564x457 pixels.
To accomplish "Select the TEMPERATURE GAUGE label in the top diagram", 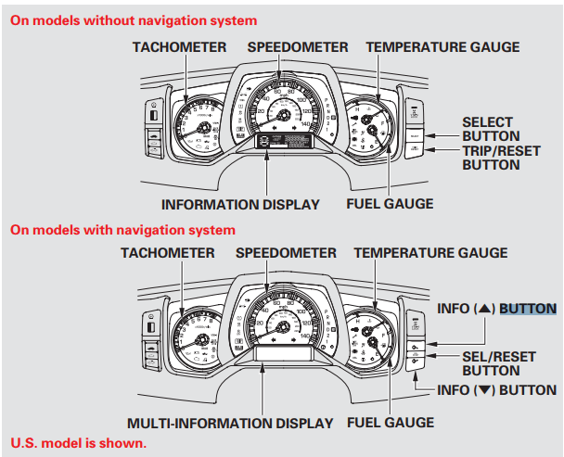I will (x=442, y=46).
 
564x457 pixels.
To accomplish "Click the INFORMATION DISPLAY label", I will (x=240, y=204).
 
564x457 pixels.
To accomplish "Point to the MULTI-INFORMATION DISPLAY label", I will (x=229, y=423).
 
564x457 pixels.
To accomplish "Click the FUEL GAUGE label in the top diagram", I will (x=390, y=204).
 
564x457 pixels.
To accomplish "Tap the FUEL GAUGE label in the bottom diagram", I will (x=390, y=423).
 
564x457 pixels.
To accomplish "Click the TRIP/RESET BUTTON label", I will (x=491, y=158).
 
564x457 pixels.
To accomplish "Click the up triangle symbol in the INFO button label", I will (x=482, y=309).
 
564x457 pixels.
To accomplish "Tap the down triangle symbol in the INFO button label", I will (x=482, y=390).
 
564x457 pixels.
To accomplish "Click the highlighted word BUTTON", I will (x=527, y=309).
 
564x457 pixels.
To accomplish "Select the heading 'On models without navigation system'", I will (x=134, y=19).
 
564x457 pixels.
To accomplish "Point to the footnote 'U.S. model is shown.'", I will (x=78, y=443).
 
